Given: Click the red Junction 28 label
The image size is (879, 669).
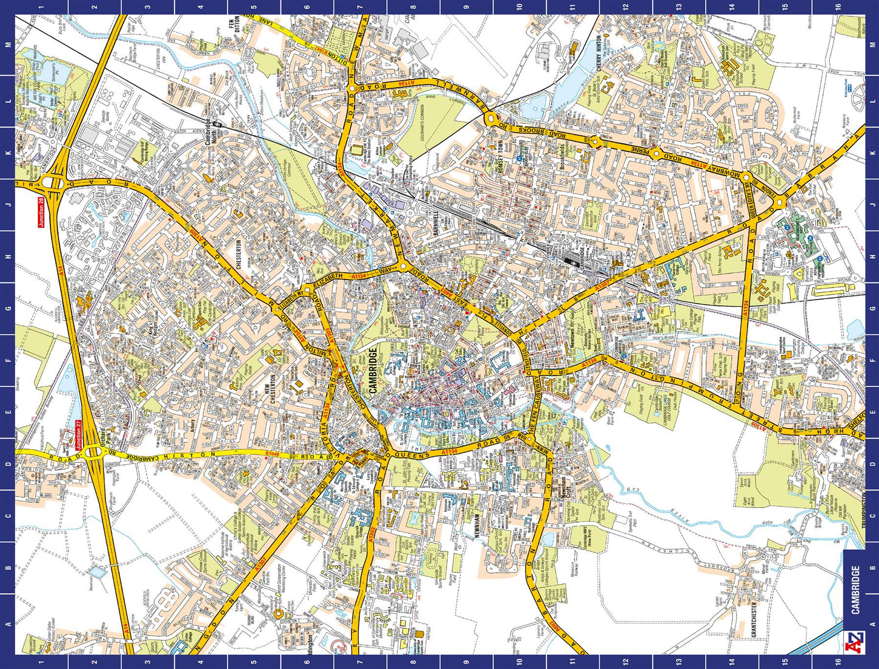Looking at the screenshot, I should (x=41, y=213).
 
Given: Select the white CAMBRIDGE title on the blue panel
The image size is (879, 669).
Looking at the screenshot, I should (x=855, y=590).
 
